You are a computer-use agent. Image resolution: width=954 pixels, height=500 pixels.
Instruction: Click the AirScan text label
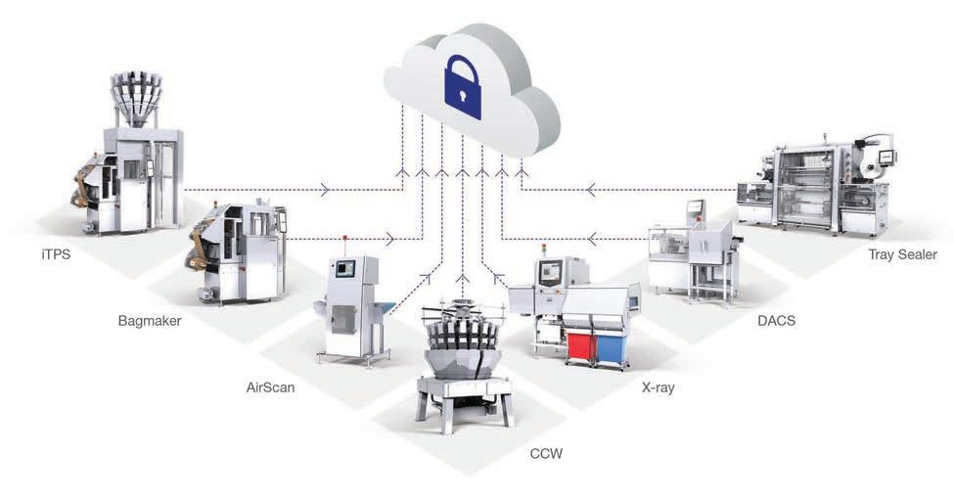pos(271,387)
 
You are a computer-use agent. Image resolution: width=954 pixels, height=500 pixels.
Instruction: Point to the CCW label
pos(546,454)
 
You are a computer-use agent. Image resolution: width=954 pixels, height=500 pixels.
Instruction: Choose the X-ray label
pos(659,387)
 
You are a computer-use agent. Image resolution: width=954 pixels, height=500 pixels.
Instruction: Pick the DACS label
pos(777,321)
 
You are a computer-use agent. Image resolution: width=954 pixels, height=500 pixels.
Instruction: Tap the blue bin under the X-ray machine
pos(613,344)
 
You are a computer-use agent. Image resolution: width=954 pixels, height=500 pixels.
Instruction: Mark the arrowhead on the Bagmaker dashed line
pos(391,238)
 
